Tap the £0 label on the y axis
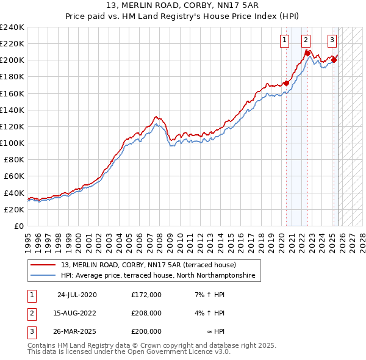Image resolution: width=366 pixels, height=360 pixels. coord(18,226)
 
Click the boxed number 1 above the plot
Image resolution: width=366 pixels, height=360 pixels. coord(285,41)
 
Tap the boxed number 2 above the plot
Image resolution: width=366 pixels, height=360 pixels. coord(306,41)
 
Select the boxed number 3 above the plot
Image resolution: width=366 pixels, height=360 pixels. coord(332,41)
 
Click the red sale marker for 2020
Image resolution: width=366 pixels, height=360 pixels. coord(286,83)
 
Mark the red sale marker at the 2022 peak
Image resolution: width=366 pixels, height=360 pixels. coord(307,53)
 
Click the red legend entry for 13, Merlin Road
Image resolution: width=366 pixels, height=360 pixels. coord(152,265)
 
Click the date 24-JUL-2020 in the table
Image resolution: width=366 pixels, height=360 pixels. coord(77,295)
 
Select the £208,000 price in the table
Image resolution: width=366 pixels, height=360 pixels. coord(146,313)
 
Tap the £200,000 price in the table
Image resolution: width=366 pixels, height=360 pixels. coord(146,332)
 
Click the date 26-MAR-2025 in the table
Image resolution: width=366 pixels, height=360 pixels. coord(77,332)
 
